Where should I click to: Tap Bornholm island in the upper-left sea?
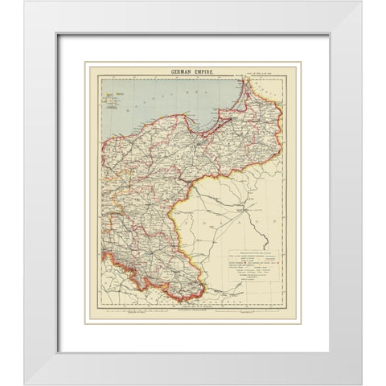(110, 102)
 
